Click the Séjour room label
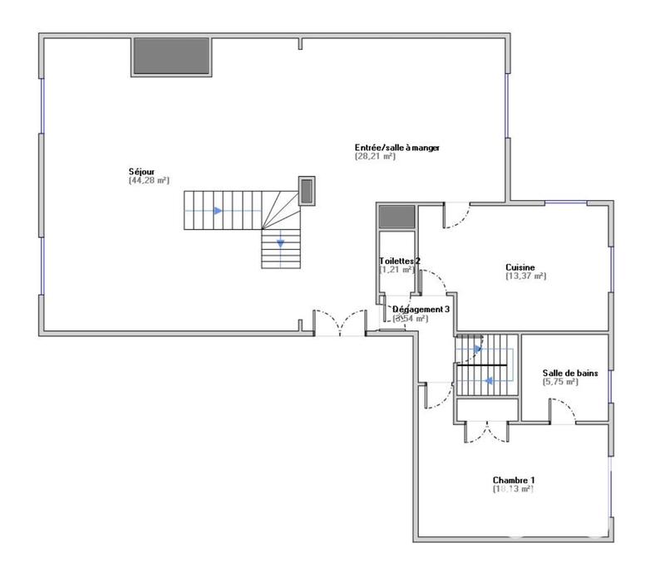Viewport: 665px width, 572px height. tap(141, 172)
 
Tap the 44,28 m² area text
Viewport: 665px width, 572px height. tap(149, 180)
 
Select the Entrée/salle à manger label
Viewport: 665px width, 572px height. tap(397, 147)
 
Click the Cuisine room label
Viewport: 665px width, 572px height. tap(520, 267)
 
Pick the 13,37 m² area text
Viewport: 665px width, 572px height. tap(525, 276)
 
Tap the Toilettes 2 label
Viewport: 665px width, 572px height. tap(400, 261)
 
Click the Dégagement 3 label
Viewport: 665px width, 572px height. tap(421, 309)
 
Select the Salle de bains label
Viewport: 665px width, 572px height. tap(569, 374)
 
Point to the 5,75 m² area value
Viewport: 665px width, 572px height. tap(563, 382)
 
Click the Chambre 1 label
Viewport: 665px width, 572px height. tap(514, 481)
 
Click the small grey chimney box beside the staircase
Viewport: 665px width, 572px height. tap(307, 190)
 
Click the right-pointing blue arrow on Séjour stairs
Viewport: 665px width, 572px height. tap(218, 211)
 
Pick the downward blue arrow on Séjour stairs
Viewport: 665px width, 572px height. tap(280, 243)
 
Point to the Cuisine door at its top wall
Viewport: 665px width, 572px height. tap(456, 214)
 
